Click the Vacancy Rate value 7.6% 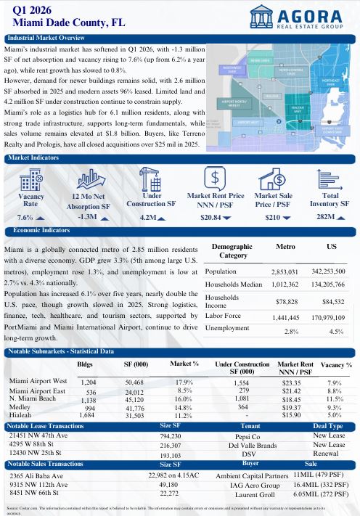26,217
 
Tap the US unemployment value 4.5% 335,331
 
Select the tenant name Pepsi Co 244,438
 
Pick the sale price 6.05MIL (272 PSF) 325,494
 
